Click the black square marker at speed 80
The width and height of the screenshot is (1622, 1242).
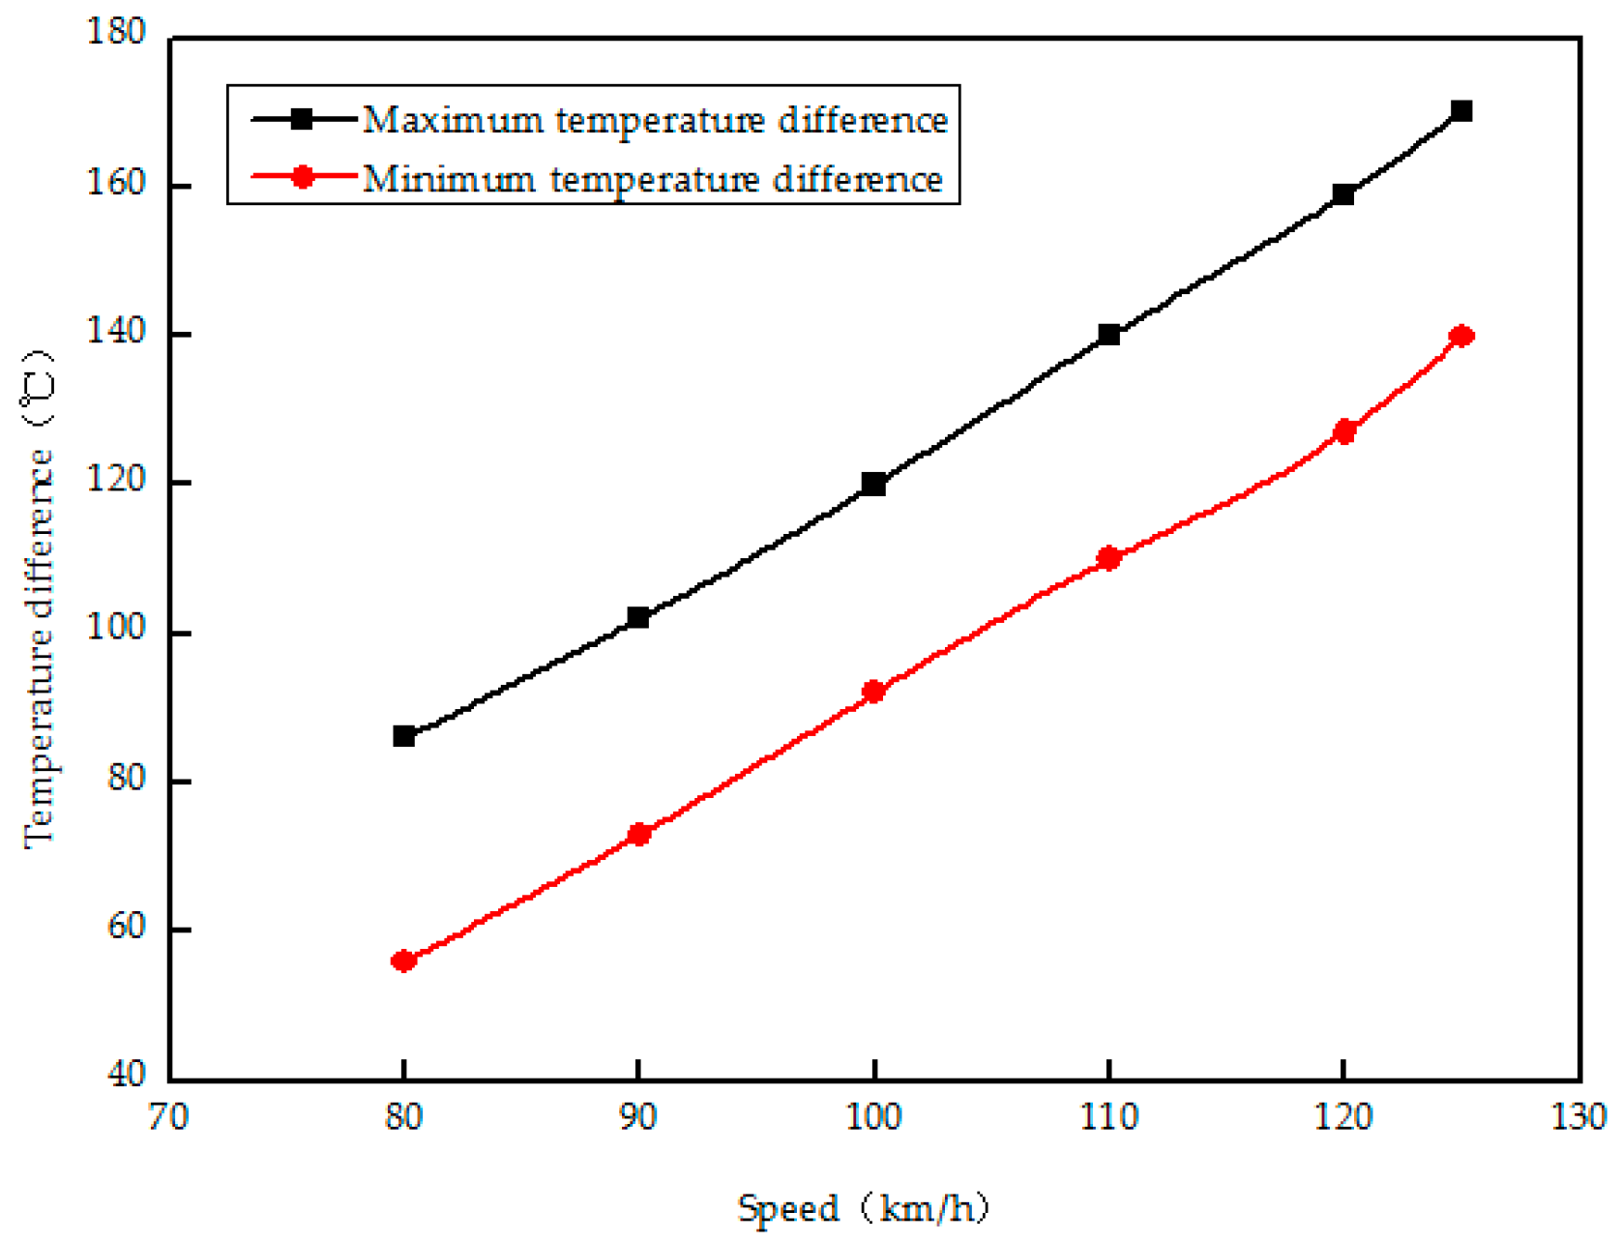click(x=403, y=736)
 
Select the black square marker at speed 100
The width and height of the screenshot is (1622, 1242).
click(x=873, y=484)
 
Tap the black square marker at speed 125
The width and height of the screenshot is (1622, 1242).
click(x=1461, y=111)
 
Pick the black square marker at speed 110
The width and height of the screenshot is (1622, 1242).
click(x=1108, y=335)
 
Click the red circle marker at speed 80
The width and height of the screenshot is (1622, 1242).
click(x=403, y=961)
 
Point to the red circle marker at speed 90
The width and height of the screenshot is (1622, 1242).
click(x=638, y=834)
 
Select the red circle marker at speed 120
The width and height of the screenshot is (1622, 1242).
click(x=1343, y=431)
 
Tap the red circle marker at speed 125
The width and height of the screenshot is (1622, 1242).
click(x=1461, y=336)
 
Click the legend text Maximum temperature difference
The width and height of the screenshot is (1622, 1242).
click(x=655, y=120)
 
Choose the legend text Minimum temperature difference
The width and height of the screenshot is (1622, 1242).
click(x=652, y=179)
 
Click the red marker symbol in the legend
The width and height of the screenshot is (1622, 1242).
click(x=302, y=177)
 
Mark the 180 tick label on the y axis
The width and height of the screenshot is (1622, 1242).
click(x=117, y=33)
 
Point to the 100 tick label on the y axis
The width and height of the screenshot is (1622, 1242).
click(x=117, y=629)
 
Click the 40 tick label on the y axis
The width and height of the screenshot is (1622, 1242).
click(x=126, y=1075)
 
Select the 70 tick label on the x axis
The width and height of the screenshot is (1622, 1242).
click(x=168, y=1118)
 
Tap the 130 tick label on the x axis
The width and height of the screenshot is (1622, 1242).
click(x=1578, y=1118)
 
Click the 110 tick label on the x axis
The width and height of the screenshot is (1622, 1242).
click(x=1108, y=1118)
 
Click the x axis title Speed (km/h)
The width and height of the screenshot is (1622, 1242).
click(x=864, y=1208)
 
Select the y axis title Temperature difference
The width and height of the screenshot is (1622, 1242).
click(x=39, y=600)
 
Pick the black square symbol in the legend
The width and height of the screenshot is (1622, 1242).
click(x=302, y=119)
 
